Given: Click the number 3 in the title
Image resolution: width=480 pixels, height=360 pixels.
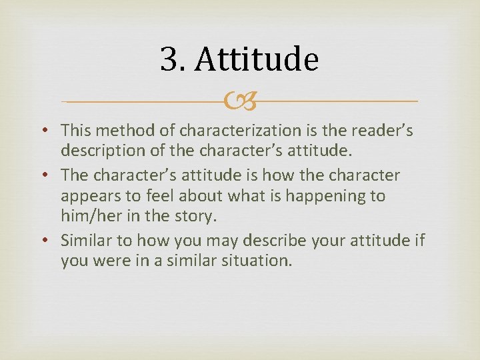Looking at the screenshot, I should point(168,60).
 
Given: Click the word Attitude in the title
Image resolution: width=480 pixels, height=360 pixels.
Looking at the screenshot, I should point(257,60).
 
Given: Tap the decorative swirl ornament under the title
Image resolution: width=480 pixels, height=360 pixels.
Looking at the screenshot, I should point(241,102).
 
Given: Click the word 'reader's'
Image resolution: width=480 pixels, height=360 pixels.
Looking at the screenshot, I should point(383,130).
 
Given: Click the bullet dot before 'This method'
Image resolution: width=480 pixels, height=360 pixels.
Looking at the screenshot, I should point(51,131).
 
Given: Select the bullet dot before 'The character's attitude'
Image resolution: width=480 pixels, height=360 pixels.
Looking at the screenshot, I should point(51,175).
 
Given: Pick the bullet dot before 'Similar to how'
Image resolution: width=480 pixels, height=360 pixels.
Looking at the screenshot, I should point(51,240).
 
